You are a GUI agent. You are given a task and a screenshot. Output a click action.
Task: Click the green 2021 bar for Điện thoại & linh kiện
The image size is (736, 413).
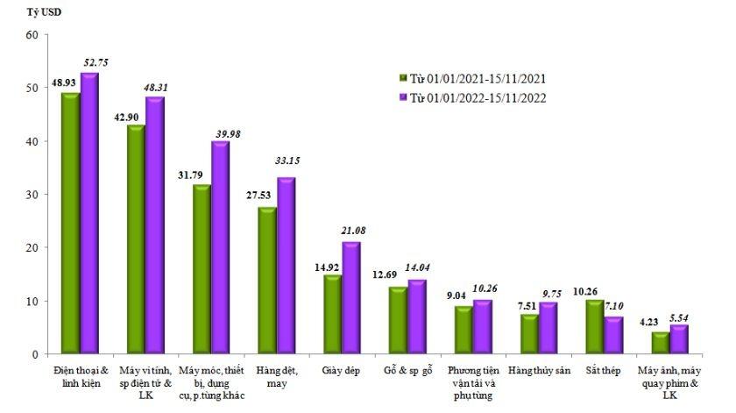[70, 224]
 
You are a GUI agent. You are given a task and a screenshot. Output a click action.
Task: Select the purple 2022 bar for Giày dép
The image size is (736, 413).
[351, 298]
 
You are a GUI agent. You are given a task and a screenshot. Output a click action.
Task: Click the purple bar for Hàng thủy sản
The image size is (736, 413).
[548, 328]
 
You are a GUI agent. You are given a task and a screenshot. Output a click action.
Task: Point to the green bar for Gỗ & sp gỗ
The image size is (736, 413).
[398, 320]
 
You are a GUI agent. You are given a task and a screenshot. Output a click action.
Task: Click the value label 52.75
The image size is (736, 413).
[95, 62]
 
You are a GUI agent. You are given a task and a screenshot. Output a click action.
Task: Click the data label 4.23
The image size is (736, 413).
[649, 321]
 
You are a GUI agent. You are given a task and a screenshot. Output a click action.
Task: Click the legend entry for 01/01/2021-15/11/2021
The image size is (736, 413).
[478, 78]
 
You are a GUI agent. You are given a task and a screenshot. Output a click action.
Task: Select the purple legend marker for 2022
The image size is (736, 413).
[403, 98]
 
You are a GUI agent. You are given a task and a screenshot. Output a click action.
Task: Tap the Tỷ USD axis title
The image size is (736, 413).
[34, 13]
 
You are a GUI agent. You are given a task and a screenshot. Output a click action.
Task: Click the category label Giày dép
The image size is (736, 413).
[341, 371]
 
